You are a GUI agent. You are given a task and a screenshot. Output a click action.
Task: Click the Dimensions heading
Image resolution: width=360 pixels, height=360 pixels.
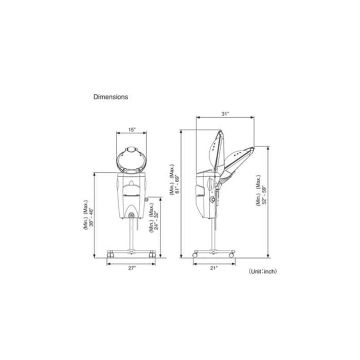tap(111, 97)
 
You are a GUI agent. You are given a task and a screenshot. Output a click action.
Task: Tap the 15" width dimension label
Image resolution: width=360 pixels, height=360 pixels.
tap(132, 130)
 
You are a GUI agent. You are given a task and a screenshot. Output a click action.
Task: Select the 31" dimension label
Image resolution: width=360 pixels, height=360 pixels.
tap(225, 114)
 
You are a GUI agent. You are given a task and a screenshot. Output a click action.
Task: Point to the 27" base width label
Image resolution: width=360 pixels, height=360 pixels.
tap(132, 268)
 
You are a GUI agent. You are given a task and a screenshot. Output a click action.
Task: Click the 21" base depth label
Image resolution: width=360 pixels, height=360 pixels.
tap(214, 268)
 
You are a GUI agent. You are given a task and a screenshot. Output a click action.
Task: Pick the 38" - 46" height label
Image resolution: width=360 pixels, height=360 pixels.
tap(92, 217)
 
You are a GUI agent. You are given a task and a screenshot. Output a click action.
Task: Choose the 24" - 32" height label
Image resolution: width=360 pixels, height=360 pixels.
tap(156, 221)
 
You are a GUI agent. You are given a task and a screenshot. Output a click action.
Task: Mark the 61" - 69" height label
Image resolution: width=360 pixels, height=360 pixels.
tap(177, 184)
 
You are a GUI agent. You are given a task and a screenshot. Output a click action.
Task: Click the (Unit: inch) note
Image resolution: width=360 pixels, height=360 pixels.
tap(263, 272)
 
